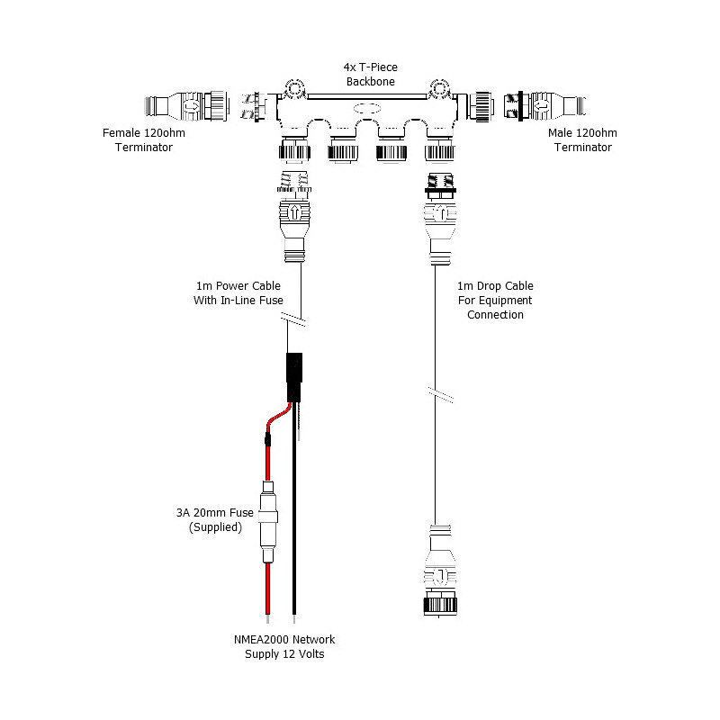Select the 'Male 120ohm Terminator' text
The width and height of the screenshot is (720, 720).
[x=580, y=140]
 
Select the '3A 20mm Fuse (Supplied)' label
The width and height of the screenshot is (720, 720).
[x=215, y=520]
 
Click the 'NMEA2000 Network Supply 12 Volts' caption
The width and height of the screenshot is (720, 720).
[x=284, y=646]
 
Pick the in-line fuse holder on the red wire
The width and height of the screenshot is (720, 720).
[x=267, y=520]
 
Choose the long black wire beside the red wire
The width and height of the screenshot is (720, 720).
[x=296, y=522]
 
